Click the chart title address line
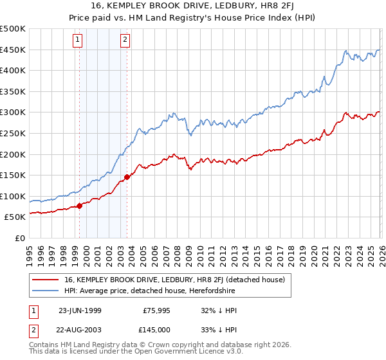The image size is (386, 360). click(193, 7)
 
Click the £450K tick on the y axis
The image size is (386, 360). click(13, 50)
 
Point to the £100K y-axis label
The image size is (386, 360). click(13, 196)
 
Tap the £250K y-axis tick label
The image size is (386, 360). click(13, 133)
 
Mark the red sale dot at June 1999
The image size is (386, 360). click(80, 206)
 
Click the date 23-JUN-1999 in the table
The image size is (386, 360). click(80, 309)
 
